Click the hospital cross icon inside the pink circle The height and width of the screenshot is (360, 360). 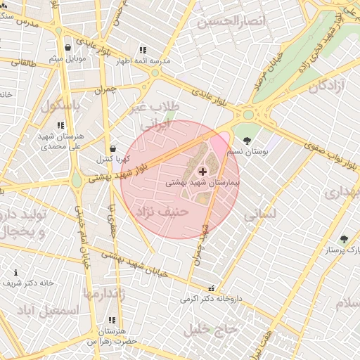[x=202, y=171]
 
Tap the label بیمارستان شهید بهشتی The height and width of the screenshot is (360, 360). [x=202, y=182]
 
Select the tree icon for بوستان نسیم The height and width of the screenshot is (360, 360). [x=247, y=141]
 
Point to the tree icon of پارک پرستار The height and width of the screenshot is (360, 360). [x=344, y=239]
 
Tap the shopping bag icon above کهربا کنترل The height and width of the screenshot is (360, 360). [x=113, y=149]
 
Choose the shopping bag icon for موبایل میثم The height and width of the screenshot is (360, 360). [x=67, y=48]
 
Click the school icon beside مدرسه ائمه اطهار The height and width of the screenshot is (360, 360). [x=143, y=50]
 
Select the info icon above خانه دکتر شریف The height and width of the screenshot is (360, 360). [x=16, y=272]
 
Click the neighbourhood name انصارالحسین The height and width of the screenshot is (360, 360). [x=233, y=22]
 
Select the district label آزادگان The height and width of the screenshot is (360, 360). [x=325, y=87]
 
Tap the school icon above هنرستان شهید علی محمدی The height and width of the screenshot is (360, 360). [x=60, y=125]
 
